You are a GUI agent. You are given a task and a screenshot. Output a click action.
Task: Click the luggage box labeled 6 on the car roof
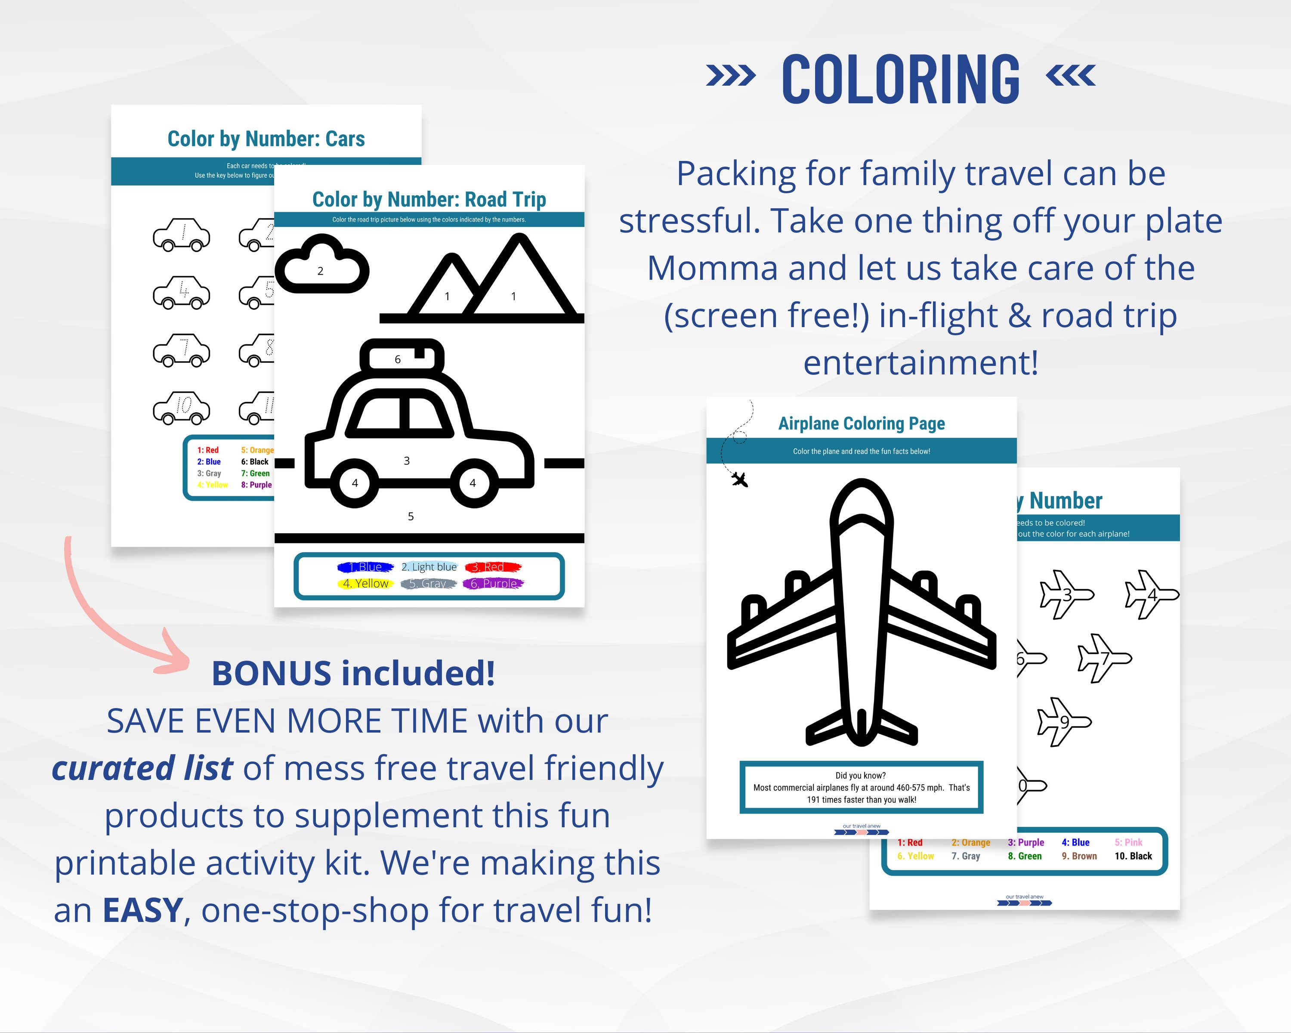401,358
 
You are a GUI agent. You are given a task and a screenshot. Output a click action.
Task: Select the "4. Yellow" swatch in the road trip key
365,583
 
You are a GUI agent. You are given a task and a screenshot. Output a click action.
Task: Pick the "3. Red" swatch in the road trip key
493,566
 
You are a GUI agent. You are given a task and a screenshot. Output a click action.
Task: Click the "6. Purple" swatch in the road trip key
494,583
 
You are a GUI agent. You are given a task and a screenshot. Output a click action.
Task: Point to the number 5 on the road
411,516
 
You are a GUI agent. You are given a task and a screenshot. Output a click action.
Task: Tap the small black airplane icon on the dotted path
739,479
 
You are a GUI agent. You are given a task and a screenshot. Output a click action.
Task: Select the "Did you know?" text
861,776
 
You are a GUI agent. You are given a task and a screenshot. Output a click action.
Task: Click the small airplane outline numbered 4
1150,594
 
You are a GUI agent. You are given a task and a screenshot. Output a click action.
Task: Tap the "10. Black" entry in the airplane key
1133,856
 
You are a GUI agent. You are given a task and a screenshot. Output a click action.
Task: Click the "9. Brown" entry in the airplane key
1079,856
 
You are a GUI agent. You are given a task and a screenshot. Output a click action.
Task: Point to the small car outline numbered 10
182,407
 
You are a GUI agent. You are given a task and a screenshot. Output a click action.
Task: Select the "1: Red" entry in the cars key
208,450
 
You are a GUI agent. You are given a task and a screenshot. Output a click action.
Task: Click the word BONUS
271,673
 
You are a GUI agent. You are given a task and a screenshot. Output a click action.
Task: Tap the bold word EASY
142,910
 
